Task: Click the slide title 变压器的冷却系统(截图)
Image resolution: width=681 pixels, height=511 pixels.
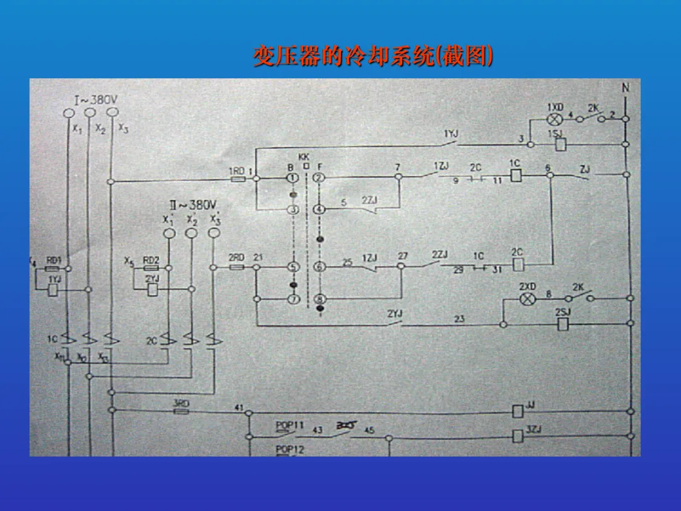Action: tap(373, 56)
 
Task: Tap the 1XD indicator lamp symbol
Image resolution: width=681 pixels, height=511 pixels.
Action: tap(555, 119)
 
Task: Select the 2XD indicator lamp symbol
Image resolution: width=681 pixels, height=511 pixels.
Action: tap(527, 298)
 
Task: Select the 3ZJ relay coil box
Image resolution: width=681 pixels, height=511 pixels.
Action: tap(518, 435)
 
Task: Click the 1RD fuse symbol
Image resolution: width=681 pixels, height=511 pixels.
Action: tap(238, 179)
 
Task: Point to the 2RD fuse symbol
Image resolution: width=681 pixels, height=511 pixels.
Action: tap(237, 267)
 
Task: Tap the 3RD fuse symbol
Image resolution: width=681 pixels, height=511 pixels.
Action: tap(181, 411)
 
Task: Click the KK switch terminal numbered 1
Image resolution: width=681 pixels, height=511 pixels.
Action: tap(293, 179)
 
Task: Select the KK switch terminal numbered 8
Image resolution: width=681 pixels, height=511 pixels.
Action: tap(319, 299)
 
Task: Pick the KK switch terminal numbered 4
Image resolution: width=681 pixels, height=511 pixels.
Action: tap(319, 209)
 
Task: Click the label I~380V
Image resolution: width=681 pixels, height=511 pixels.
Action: tap(96, 100)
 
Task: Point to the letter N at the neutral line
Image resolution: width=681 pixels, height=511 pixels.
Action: tap(626, 88)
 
